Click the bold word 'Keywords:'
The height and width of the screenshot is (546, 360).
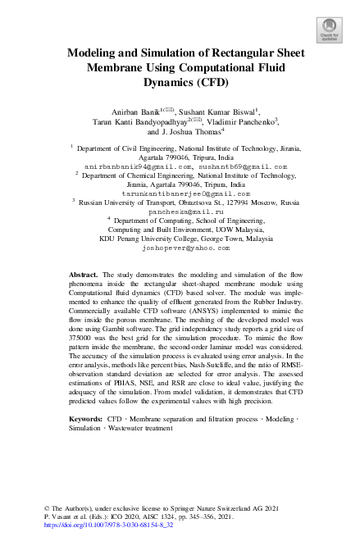[86, 418]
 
